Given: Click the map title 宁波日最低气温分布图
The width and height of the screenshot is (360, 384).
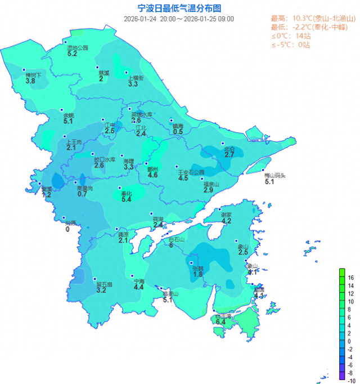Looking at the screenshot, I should click(179, 8).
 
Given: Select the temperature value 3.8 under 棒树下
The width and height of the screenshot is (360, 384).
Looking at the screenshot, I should click(30, 81).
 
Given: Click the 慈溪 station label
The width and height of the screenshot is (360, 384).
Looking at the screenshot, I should click(103, 73).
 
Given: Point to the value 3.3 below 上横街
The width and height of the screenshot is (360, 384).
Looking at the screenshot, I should click(133, 84).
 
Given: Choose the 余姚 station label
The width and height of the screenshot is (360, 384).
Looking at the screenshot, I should click(68, 115).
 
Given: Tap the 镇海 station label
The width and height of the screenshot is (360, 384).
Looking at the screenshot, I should click(178, 126).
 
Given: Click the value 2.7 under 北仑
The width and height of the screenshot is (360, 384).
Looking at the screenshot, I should click(229, 154).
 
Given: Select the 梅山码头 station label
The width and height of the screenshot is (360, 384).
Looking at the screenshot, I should click(275, 175).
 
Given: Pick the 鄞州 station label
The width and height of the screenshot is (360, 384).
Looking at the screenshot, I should click(152, 169).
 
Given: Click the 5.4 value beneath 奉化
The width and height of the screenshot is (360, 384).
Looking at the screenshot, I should click(126, 199).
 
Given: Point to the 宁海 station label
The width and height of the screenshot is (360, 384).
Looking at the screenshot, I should click(138, 281).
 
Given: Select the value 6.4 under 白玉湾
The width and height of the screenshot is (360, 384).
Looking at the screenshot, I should click(220, 322).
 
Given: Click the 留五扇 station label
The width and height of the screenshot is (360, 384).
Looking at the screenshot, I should click(105, 284).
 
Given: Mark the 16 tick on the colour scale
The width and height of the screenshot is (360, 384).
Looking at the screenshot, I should click(350, 278).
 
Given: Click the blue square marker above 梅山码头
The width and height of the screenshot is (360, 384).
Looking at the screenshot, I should click(263, 169).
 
